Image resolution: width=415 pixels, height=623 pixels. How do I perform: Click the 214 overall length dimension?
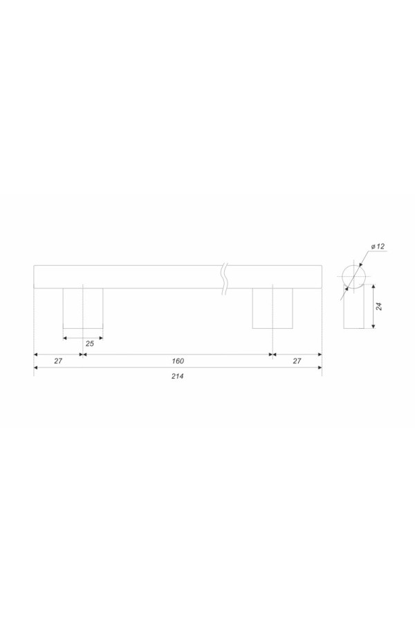click(178, 376)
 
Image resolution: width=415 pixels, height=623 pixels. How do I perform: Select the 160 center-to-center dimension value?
click(178, 361)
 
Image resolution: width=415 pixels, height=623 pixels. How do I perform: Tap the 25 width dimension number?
click(90, 343)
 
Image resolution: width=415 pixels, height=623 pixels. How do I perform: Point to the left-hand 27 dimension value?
click(58, 361)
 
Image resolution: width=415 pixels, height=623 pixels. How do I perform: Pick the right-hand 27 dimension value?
click(297, 361)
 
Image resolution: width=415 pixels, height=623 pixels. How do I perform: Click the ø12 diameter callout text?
click(378, 246)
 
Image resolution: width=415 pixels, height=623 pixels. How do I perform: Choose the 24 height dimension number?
click(379, 306)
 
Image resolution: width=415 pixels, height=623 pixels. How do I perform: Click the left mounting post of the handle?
click(83, 308)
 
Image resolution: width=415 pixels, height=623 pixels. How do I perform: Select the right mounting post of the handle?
click(273, 308)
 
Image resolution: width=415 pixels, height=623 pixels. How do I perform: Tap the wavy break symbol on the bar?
click(225, 279)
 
